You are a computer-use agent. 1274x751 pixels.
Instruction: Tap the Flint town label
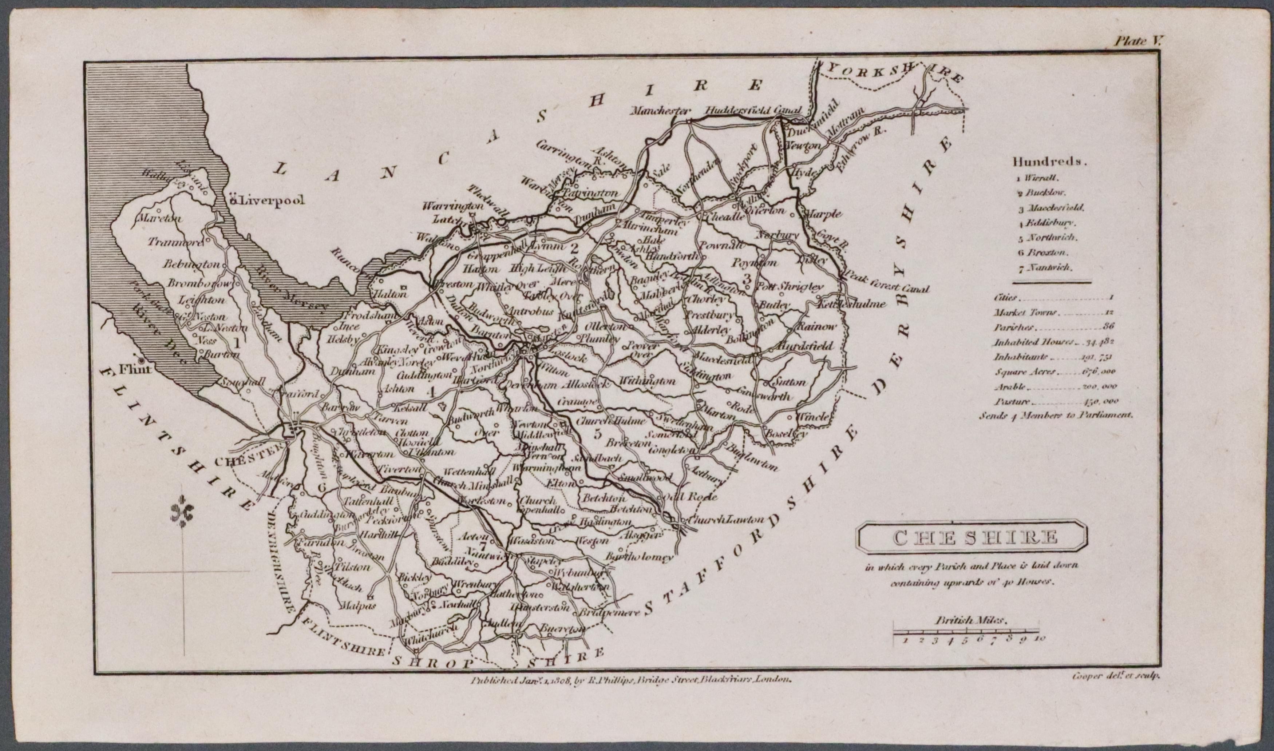(135, 369)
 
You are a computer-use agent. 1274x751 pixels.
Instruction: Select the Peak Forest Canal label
(885, 283)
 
